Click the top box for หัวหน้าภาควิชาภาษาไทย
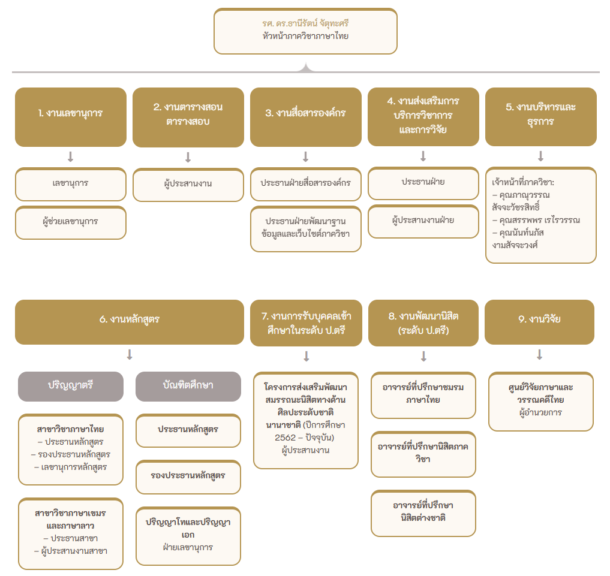coord(305,31)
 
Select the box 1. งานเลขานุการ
coord(70,117)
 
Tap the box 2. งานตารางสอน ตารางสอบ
coord(188,117)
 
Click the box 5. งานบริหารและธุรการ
coord(540,117)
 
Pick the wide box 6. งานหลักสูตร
coord(129,322)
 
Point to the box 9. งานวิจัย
coord(539,322)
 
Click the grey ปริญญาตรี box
coord(70,387)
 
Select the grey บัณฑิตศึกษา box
coord(188,387)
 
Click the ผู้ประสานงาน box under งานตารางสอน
coord(188,184)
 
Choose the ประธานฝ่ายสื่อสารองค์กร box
coord(305,184)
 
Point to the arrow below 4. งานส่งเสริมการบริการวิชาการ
coord(423,156)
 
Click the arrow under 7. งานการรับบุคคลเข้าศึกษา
coord(306,356)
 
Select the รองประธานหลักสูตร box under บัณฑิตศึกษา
coord(188,477)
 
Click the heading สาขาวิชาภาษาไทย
coord(70,429)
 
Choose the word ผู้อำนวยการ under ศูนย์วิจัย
coord(540,413)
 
